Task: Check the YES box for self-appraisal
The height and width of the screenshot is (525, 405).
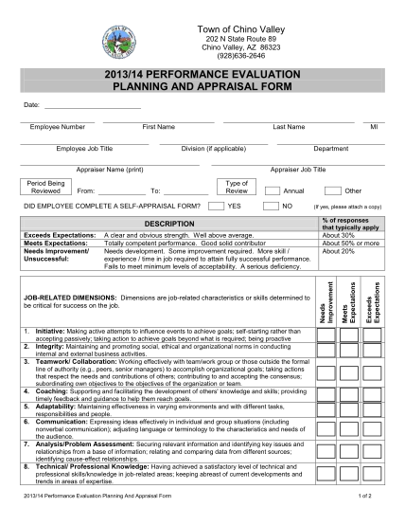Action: pos(216,205)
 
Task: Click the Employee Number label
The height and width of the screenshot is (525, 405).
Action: pos(57,126)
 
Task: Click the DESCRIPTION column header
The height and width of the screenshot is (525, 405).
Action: pos(167,223)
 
